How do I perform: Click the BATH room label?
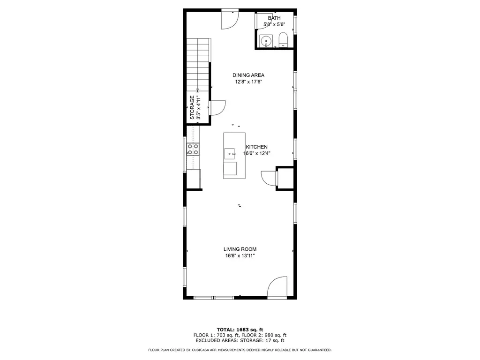[274, 18]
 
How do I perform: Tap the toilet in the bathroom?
[283, 40]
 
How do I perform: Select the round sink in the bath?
[266, 41]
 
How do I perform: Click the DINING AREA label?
[248, 75]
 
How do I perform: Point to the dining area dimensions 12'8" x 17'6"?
[248, 82]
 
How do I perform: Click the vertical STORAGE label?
[192, 107]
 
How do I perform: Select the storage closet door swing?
[217, 108]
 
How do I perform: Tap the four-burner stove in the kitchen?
[193, 149]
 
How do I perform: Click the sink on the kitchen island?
[230, 154]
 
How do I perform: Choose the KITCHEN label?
[256, 147]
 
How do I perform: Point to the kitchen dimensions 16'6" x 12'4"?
[257, 153]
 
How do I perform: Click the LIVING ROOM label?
[240, 249]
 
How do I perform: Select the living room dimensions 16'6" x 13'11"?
[240, 256]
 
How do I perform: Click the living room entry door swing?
[277, 287]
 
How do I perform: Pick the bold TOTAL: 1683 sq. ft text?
[240, 330]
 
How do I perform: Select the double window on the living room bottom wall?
[214, 298]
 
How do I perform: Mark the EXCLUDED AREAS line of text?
[240, 340]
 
